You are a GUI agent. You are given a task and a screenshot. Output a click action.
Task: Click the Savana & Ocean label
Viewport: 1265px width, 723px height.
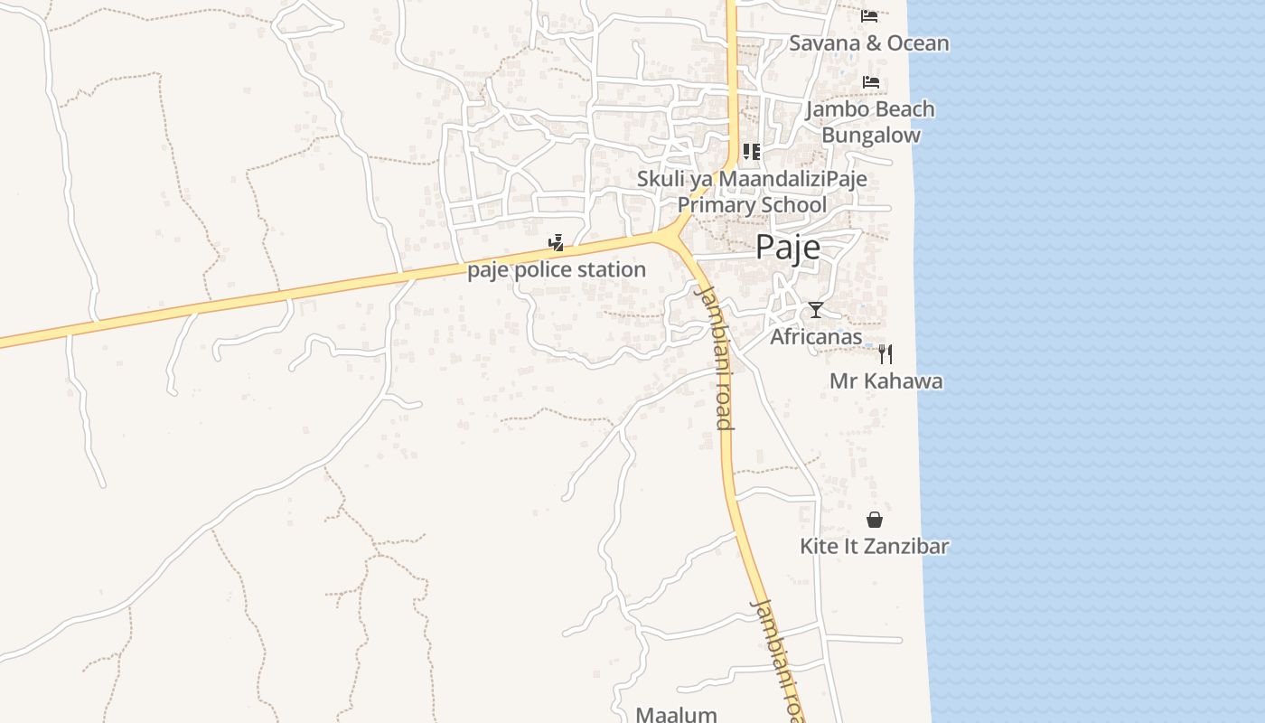[x=869, y=43]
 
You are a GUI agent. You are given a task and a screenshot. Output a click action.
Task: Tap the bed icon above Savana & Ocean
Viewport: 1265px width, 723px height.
[x=869, y=15]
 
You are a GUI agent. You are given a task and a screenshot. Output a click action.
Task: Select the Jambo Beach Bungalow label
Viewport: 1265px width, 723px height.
[x=870, y=122]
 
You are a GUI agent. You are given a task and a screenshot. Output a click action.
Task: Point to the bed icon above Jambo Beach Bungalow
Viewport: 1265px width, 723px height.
[x=870, y=82]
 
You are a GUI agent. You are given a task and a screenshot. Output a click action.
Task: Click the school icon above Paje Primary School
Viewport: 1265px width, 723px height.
[x=751, y=152]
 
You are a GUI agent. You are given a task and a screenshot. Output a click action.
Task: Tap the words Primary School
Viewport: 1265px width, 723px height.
[x=752, y=205]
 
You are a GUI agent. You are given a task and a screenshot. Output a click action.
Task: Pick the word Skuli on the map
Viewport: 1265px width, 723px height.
[x=660, y=179]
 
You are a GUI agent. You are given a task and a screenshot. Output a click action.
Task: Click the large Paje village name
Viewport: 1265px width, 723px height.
[x=788, y=247]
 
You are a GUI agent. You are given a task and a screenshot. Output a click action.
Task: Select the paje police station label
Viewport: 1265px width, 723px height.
[x=557, y=270]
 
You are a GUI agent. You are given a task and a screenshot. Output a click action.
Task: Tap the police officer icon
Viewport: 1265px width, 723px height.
[x=557, y=243]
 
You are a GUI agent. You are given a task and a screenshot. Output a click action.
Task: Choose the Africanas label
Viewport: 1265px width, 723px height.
[x=816, y=337]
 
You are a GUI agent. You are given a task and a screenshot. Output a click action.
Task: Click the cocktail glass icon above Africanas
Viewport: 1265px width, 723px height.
[x=816, y=310]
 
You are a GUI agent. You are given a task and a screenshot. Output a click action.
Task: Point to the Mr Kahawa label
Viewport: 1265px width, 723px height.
[x=885, y=380]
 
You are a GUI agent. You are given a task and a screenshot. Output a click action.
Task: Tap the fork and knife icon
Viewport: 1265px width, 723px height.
[x=885, y=353]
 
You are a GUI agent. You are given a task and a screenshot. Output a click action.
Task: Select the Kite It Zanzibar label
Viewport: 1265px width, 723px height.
[x=874, y=546]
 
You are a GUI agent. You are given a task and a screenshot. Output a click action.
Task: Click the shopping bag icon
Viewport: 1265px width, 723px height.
[x=874, y=520]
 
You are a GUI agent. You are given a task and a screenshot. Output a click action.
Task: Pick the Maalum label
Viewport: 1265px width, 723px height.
[x=676, y=714]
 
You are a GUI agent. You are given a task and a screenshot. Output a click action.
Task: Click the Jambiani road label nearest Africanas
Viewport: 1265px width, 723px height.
[x=714, y=357]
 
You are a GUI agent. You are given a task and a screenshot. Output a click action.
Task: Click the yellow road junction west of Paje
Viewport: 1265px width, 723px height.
[x=673, y=236]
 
